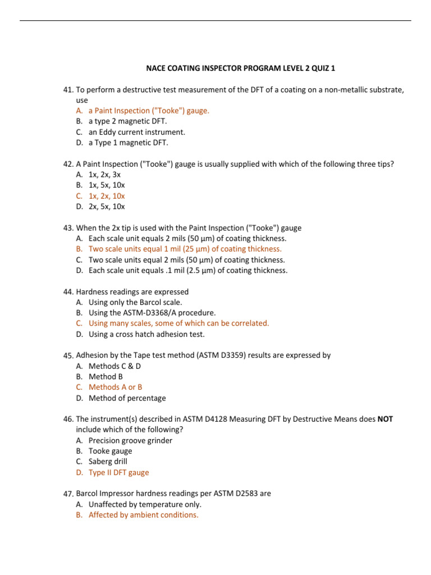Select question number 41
tap(68, 90)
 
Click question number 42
tap(68, 164)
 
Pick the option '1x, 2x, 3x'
tap(104, 175)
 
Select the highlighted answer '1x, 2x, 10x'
tap(107, 196)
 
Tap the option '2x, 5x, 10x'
tap(107, 207)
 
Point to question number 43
tap(68, 228)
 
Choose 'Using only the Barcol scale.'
tap(135, 302)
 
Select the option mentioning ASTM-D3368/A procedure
tap(152, 313)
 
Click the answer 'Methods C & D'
tap(115, 366)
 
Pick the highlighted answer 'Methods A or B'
tap(115, 387)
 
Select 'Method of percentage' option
tap(127, 398)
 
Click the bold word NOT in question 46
tap(386, 419)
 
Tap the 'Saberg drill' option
tap(108, 462)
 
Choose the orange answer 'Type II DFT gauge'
tap(118, 473)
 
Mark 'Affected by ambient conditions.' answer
tap(143, 515)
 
